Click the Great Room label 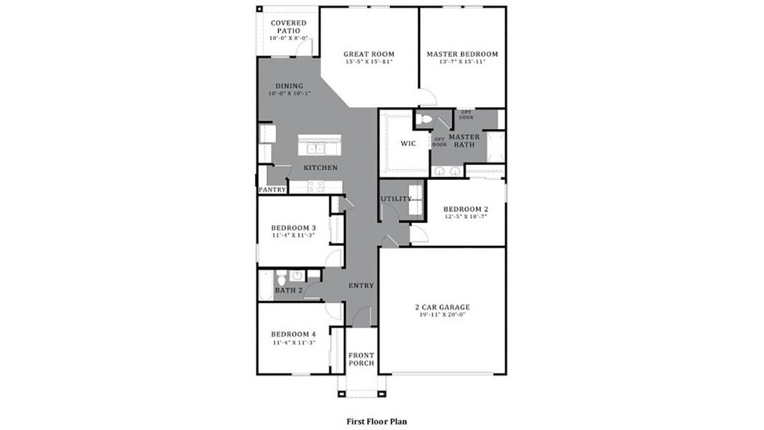368,54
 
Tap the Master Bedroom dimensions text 462,62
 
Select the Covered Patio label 289,27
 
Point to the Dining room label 285,86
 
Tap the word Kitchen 320,168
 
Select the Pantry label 272,190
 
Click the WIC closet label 408,143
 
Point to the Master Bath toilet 426,120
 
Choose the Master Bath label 464,140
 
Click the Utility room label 396,199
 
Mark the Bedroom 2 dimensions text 465,216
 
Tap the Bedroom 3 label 293,228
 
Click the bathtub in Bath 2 264,285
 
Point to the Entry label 361,285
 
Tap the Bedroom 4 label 293,334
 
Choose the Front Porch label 361,359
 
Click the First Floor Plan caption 376,421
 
